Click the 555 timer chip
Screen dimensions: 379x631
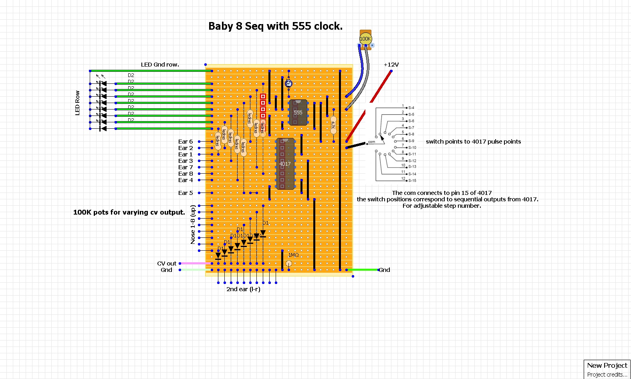coord(298,113)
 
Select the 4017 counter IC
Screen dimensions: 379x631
coord(285,164)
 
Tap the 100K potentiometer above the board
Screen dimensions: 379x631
coord(365,39)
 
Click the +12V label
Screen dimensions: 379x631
coord(391,65)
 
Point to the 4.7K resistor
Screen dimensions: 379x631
coord(333,125)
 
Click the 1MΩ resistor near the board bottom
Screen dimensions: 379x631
coord(289,263)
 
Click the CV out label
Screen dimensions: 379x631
coord(167,263)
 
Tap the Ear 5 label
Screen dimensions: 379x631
coord(185,193)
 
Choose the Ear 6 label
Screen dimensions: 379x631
coord(185,142)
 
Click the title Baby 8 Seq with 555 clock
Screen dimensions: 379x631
coord(275,26)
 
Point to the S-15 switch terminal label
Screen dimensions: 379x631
coord(412,180)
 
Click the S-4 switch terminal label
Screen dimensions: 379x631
coord(411,108)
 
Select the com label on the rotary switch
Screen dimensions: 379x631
coord(372,142)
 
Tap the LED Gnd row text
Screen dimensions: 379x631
coord(160,65)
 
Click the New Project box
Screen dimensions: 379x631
coord(607,365)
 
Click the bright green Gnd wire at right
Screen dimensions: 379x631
coord(363,270)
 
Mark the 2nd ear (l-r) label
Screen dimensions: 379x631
coord(243,289)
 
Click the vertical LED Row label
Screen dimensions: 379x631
coord(78,103)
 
